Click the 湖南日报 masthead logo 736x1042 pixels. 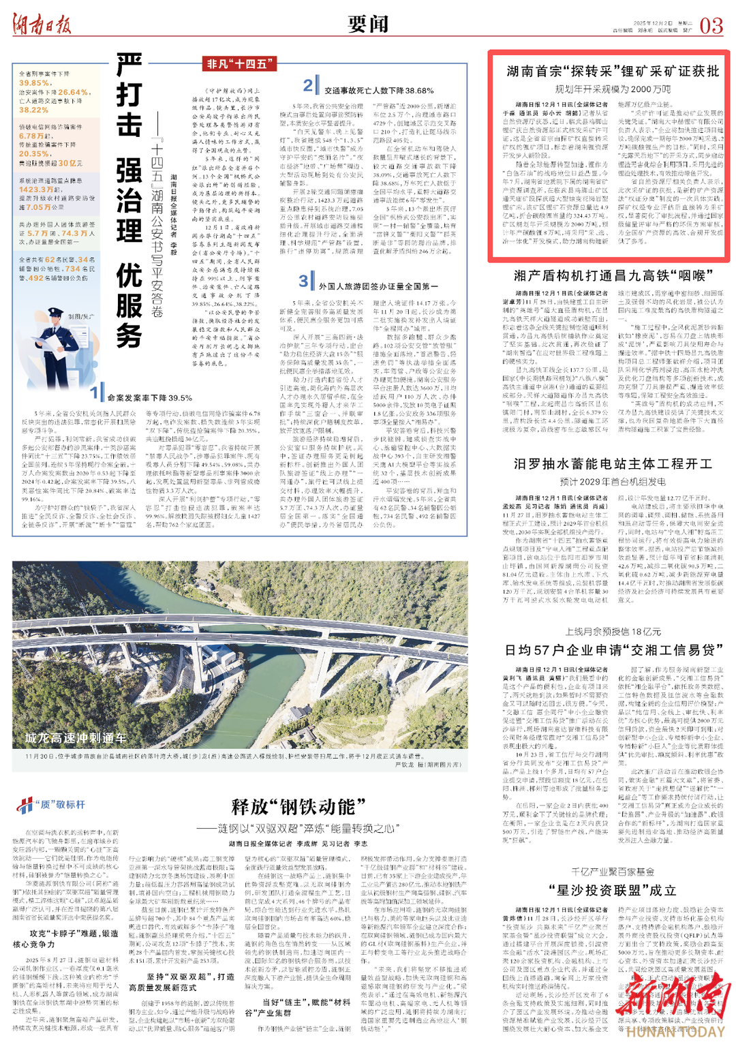[x=42, y=25]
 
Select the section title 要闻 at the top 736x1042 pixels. [x=368, y=24]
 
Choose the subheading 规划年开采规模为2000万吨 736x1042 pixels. [x=612, y=89]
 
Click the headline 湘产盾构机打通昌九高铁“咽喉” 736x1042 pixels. [x=613, y=275]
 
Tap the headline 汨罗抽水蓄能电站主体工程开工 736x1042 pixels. [x=613, y=464]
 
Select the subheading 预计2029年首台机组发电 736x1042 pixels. [x=613, y=481]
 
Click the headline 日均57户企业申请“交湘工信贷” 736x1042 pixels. [x=613, y=650]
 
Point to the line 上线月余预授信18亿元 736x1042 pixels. [x=613, y=632]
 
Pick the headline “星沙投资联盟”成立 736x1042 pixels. [x=613, y=890]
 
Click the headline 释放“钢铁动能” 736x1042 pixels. [x=293, y=808]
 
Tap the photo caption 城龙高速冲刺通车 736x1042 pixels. [x=75, y=737]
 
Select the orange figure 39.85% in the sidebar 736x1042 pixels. [x=34, y=83]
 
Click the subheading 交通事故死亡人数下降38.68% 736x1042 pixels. [x=378, y=90]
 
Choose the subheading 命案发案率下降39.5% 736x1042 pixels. [x=149, y=398]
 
